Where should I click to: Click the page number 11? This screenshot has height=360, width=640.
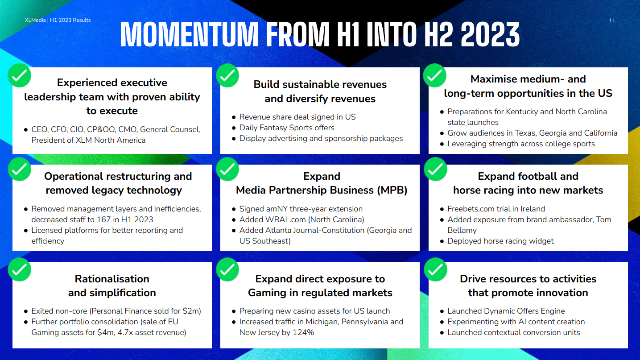[612, 20]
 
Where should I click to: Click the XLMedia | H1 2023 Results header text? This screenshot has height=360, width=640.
[58, 20]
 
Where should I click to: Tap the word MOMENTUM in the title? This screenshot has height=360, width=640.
[189, 34]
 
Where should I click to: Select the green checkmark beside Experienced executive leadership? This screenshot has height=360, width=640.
[20, 75]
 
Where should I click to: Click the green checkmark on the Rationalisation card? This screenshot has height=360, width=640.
[20, 269]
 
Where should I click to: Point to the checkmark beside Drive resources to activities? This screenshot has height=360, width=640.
[435, 269]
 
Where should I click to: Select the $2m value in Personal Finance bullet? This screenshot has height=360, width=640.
[190, 311]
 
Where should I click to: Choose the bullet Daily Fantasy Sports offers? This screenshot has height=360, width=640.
[287, 128]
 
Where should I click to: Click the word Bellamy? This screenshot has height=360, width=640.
[462, 230]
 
